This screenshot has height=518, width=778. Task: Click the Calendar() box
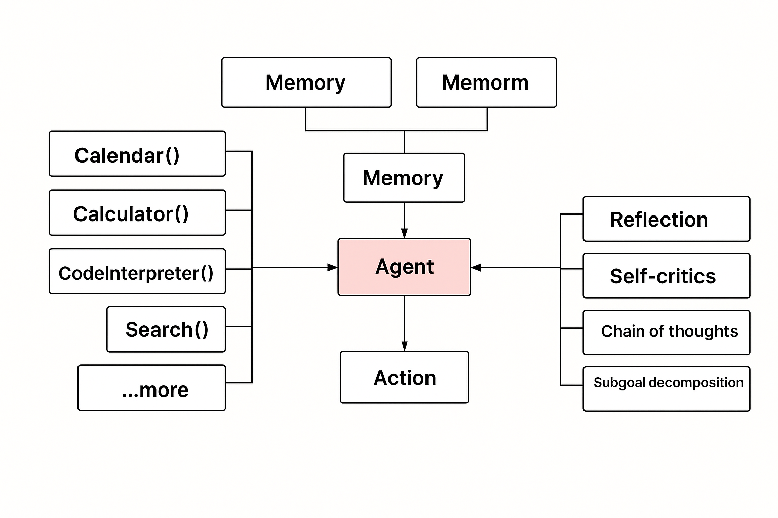tap(137, 154)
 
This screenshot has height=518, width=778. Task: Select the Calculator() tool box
tap(137, 213)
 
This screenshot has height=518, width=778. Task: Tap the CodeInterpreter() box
tap(137, 272)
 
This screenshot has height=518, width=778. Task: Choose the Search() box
tap(166, 329)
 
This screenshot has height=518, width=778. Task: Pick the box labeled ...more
tap(151, 388)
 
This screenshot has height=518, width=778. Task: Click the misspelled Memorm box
tap(486, 82)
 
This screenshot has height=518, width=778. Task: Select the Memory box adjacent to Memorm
tap(306, 82)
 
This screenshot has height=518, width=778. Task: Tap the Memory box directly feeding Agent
tap(404, 178)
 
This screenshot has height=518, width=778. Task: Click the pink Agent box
tap(404, 267)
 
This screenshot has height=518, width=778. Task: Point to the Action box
tap(404, 377)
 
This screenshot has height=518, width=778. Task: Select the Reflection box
tap(666, 219)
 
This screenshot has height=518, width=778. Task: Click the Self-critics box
tap(666, 276)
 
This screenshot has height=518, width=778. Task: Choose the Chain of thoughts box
tap(666, 332)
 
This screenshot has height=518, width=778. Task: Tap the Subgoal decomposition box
tap(666, 388)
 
